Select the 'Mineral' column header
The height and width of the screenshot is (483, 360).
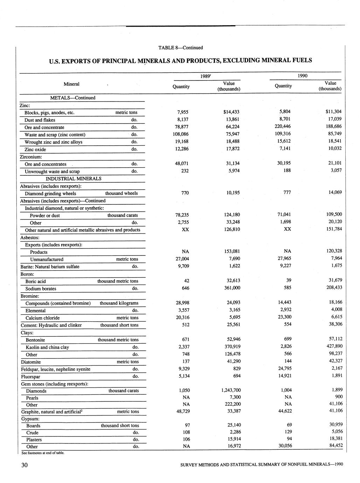point(71,84)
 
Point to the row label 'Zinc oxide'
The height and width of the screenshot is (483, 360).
point(35,149)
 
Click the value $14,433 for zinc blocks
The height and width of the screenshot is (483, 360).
point(231,112)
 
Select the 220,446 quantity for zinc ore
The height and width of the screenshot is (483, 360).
point(283,126)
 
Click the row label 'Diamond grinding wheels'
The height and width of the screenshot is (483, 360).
point(50,194)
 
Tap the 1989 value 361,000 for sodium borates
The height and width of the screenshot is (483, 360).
point(232,288)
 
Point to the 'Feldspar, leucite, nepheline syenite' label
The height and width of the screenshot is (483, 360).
point(56,369)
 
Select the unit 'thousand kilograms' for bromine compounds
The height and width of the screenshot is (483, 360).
point(119,303)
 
